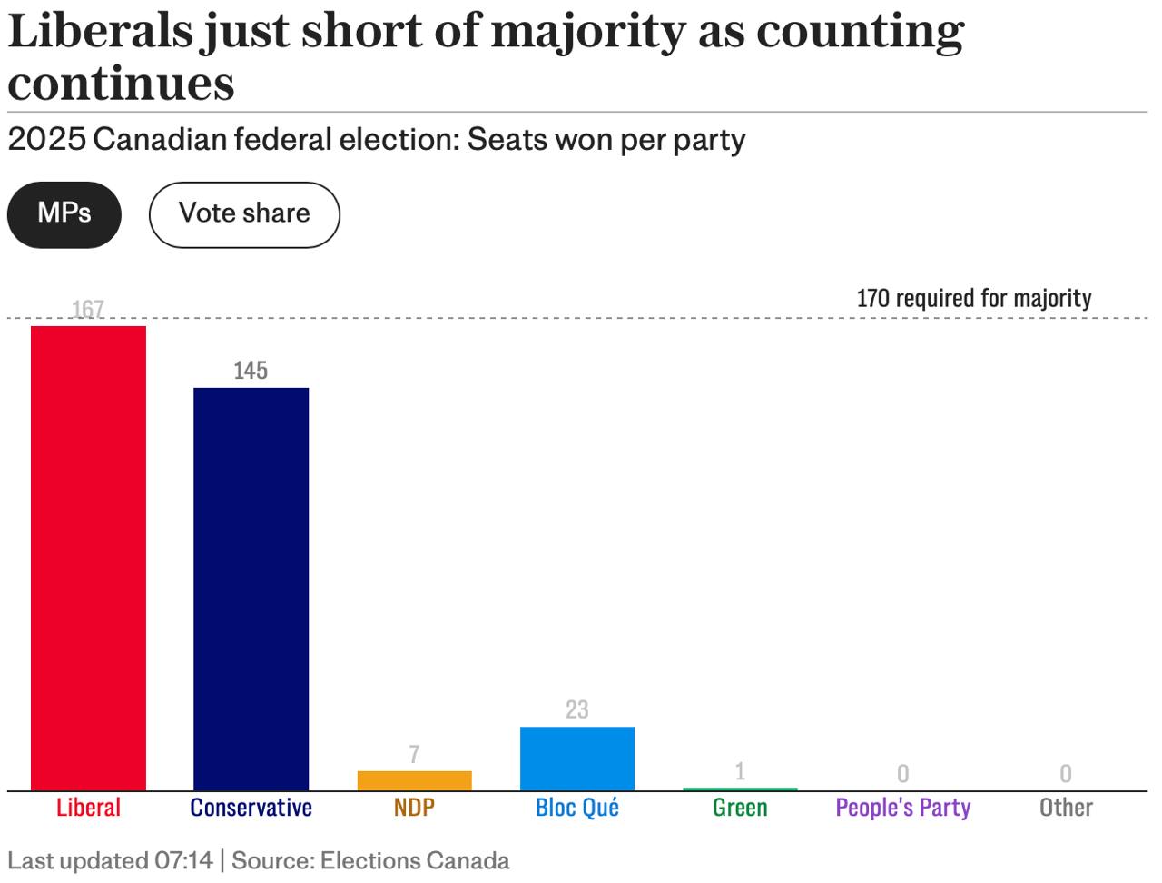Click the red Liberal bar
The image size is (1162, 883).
click(x=88, y=558)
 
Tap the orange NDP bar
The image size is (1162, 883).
click(x=414, y=780)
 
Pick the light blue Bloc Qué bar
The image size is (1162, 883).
click(x=576, y=759)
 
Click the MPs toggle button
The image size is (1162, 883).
click(x=64, y=214)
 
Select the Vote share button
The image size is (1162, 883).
click(x=244, y=214)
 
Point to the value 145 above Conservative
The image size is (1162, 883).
click(x=251, y=371)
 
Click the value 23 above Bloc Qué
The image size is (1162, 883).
click(x=576, y=709)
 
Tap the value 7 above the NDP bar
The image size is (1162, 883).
click(x=414, y=754)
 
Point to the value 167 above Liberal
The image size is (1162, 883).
click(x=88, y=310)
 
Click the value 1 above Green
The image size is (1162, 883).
click(x=740, y=771)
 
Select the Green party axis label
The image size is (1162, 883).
click(x=740, y=808)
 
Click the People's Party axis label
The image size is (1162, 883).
click(x=902, y=808)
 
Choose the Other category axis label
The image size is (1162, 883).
click(x=1066, y=808)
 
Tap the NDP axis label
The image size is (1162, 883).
click(x=414, y=808)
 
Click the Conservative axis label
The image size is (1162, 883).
click(x=251, y=808)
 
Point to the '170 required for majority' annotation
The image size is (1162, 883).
click(x=974, y=298)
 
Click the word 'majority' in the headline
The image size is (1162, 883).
click(x=586, y=33)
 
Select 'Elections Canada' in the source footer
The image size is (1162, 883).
click(x=415, y=860)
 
